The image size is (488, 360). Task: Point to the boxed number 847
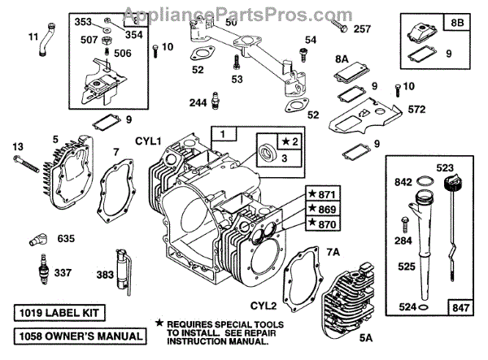coord(460,307)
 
